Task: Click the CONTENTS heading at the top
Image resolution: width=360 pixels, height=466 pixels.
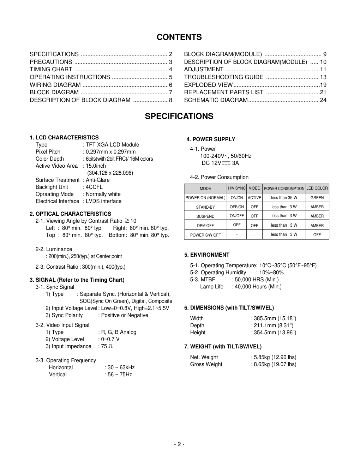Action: point(179,37)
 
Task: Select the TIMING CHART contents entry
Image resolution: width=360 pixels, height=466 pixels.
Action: point(51,70)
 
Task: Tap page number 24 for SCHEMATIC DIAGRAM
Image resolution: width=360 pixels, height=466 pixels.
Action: point(323,100)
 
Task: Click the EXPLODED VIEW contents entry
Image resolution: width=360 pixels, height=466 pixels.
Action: point(208,85)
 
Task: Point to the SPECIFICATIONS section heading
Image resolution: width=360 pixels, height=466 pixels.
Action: point(179,116)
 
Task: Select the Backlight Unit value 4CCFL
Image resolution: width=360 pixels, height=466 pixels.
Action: point(94,187)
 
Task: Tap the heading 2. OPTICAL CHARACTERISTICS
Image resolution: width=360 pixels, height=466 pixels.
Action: point(70,214)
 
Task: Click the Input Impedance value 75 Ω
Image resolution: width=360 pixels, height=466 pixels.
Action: point(107,346)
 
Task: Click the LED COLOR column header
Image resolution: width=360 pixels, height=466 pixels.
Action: point(317,189)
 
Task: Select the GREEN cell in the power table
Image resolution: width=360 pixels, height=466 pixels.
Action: point(317,198)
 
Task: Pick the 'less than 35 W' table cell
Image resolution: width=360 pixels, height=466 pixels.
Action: point(284,198)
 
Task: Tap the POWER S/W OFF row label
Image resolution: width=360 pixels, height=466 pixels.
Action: point(205,235)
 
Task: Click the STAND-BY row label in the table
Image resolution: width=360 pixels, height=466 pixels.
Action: point(205,207)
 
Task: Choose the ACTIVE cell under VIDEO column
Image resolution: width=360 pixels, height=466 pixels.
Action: point(254,198)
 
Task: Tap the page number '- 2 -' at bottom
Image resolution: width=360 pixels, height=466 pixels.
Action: point(179,444)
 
